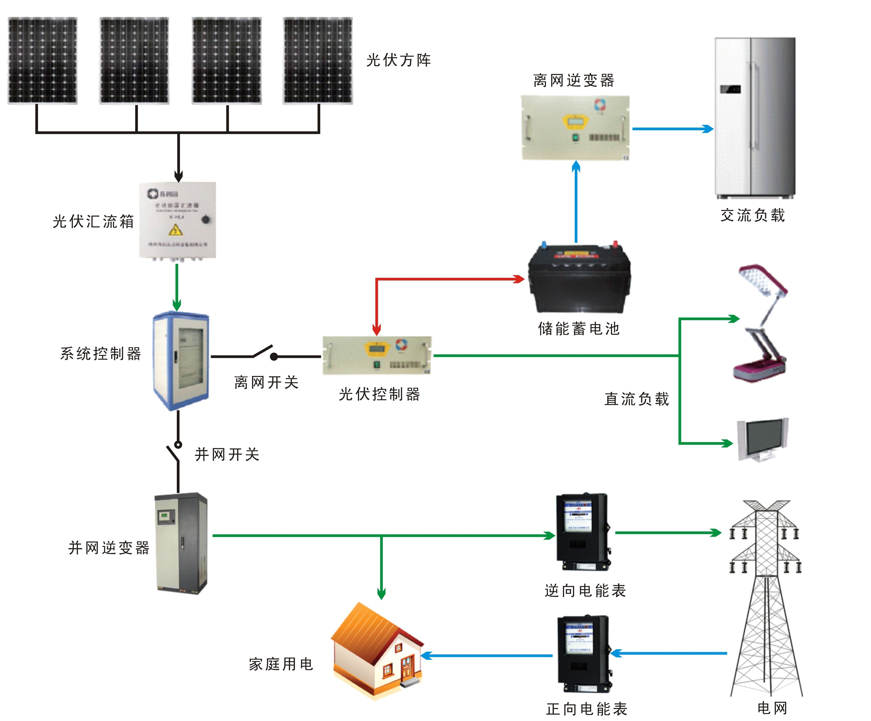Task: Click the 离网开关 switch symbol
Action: click(x=266, y=353)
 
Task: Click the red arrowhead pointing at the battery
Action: click(x=519, y=279)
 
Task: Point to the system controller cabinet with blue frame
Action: click(x=181, y=360)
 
